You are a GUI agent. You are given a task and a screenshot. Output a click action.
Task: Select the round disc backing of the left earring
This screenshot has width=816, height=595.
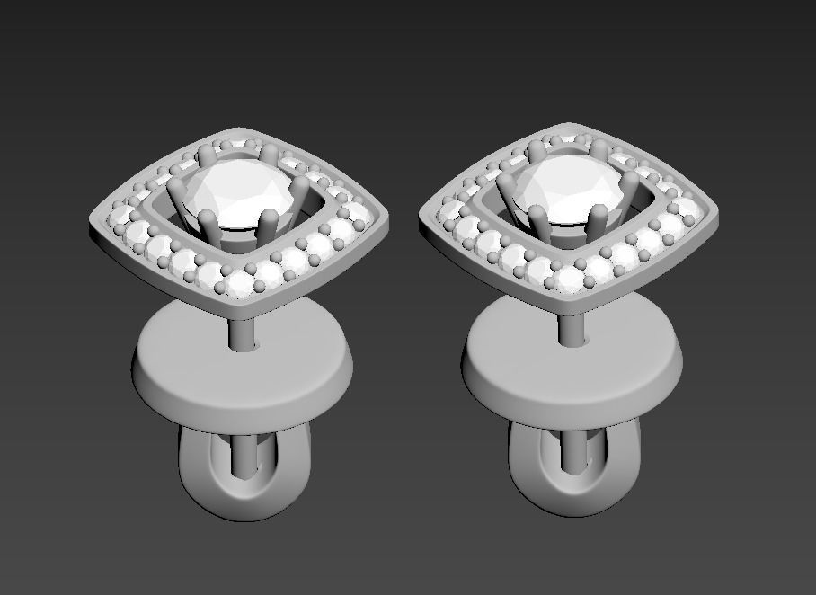point(242,364)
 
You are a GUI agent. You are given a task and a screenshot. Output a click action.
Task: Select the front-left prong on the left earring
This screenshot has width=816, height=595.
point(208,225)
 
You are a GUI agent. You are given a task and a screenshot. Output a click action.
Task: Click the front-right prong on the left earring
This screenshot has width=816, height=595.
point(269,223)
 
